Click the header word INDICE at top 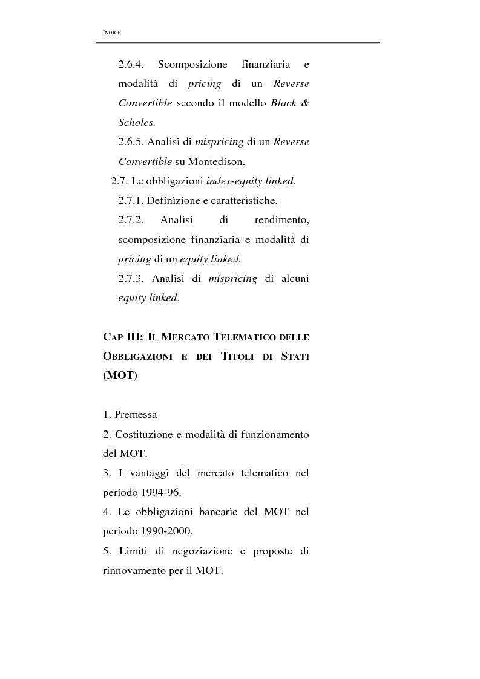pos(112,32)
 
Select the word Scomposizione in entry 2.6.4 pos(192,64)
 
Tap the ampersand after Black pos(305,103)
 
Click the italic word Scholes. pos(137,122)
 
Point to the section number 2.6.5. pos(131,141)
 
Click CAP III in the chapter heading pos(123,337)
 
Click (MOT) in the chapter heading pos(120,375)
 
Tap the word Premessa pos(136,415)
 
